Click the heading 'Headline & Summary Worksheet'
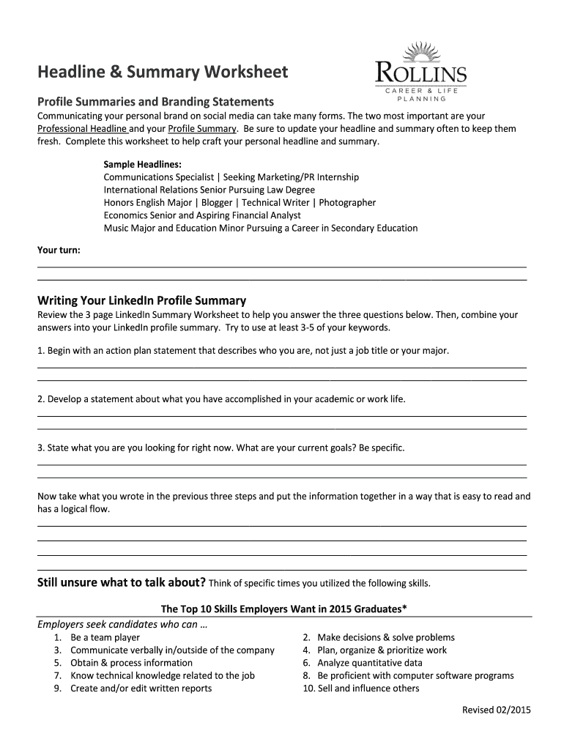[163, 72]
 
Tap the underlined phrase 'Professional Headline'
[82, 129]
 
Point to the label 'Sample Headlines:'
[142, 164]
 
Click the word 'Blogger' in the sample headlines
[217, 203]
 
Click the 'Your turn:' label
[59, 250]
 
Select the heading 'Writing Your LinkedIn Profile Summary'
[141, 300]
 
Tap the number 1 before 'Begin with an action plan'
[40, 351]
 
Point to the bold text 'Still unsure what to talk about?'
[122, 583]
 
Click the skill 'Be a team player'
[105, 637]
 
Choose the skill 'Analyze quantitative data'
[369, 663]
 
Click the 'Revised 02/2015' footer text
[496, 710]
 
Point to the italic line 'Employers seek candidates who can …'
[122, 625]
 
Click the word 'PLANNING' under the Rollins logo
[421, 98]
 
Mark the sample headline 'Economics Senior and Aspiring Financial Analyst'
[202, 215]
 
